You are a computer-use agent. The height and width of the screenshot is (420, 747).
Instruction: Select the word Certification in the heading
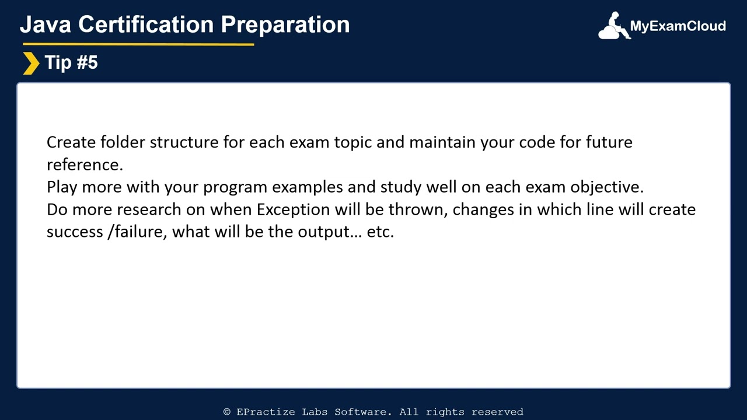pyautogui.click(x=146, y=24)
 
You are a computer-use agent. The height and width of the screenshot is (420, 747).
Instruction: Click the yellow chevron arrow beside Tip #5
pyautogui.click(x=30, y=63)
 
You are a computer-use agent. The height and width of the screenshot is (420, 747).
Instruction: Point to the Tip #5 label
pyautogui.click(x=71, y=62)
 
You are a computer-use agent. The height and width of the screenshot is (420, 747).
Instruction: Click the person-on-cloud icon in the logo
pyautogui.click(x=613, y=27)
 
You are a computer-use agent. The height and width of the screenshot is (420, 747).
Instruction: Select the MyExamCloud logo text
pyautogui.click(x=678, y=26)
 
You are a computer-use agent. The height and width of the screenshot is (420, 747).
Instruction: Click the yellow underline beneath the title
pyautogui.click(x=137, y=44)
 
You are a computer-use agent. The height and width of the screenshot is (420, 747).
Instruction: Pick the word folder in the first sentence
pyautogui.click(x=123, y=142)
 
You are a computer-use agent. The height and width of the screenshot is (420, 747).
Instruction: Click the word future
pyautogui.click(x=609, y=142)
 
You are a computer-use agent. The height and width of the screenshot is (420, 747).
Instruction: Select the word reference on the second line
pyautogui.click(x=84, y=165)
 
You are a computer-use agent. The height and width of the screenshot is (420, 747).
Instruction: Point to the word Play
pyautogui.click(x=62, y=187)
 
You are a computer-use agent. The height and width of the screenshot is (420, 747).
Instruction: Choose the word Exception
pyautogui.click(x=294, y=209)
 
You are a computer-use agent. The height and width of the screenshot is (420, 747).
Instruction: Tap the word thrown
pyautogui.click(x=418, y=209)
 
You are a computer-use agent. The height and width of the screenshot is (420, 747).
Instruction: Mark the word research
pyautogui.click(x=149, y=209)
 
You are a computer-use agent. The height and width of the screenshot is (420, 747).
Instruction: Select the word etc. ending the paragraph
pyautogui.click(x=380, y=232)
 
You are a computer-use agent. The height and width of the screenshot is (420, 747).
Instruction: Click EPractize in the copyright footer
pyautogui.click(x=266, y=412)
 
